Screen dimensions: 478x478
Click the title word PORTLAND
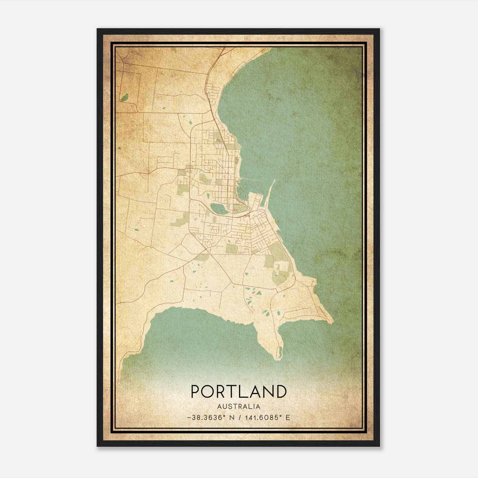pyautogui.click(x=239, y=391)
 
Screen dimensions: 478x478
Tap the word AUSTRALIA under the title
pyautogui.click(x=239, y=407)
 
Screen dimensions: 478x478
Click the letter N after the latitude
pyautogui.click(x=232, y=417)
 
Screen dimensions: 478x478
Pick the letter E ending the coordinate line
pyautogui.click(x=288, y=417)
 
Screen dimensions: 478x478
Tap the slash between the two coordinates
pyautogui.click(x=240, y=417)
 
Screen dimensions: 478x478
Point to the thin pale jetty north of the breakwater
pyautogui.click(x=251, y=179)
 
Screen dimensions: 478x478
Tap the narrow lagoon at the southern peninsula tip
pyautogui.click(x=281, y=353)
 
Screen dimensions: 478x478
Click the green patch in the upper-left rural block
pyautogui.click(x=125, y=97)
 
